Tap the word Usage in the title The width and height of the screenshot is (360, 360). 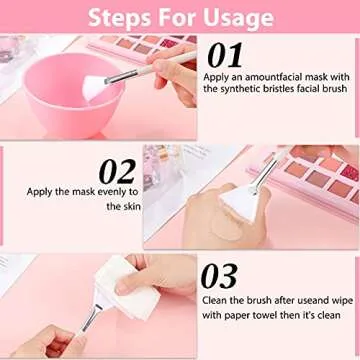[x=238, y=17]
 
